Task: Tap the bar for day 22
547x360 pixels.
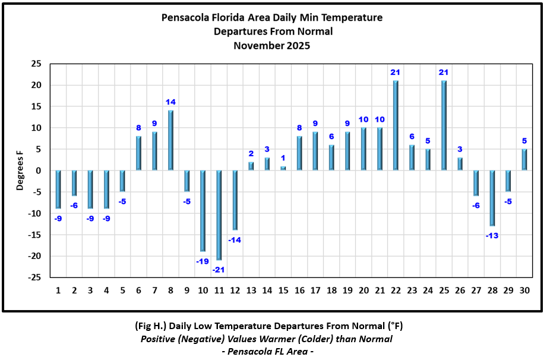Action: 396,126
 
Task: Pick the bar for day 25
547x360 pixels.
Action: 444,126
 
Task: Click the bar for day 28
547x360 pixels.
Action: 492,198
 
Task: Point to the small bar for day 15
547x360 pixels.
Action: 283,169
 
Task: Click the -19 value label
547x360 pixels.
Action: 202,261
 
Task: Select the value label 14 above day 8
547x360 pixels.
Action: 170,102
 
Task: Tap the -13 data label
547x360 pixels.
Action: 492,236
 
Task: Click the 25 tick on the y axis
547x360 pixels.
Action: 36,64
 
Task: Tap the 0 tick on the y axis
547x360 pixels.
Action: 39,171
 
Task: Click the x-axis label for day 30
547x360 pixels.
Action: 524,290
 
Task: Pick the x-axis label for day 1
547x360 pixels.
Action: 58,290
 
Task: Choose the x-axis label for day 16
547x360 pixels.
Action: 299,290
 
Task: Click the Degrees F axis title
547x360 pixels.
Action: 20,171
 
